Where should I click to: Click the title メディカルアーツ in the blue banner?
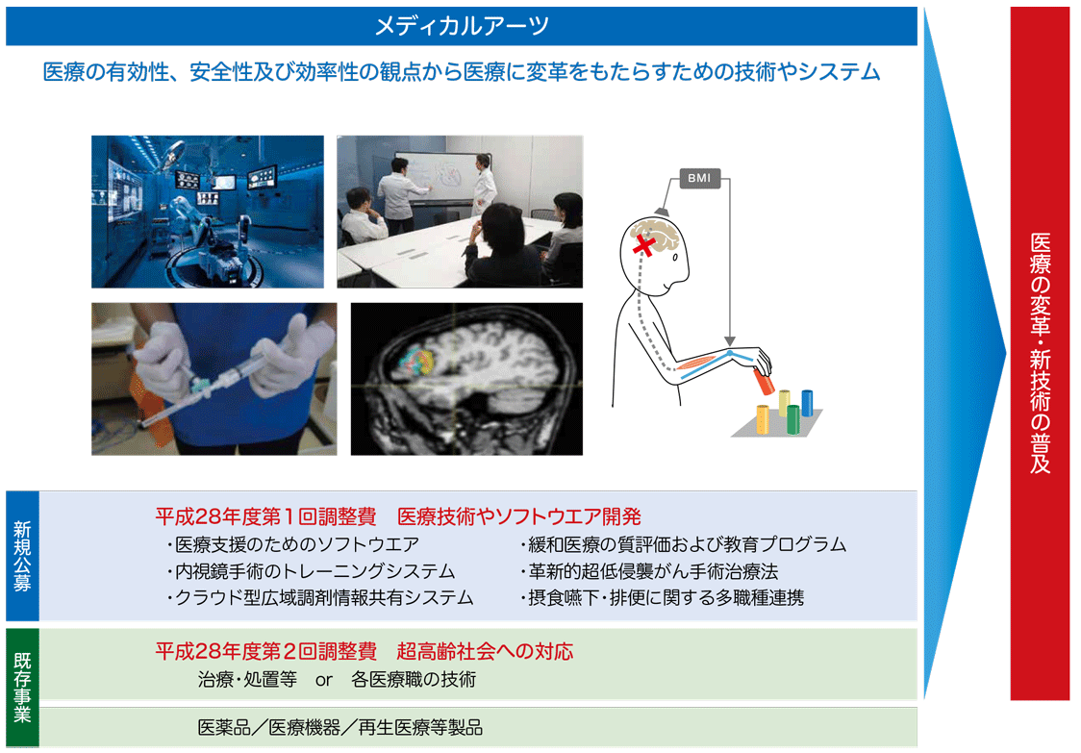click(462, 26)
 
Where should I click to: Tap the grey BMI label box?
click(699, 178)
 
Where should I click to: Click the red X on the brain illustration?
click(644, 245)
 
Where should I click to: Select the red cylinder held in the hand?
click(764, 382)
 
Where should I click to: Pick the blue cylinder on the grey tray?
click(807, 403)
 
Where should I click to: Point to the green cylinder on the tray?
click(792, 419)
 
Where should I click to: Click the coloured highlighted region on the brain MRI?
click(417, 363)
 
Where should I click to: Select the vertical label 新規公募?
click(22, 557)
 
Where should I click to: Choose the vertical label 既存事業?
click(22, 688)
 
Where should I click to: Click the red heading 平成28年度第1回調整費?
click(265, 516)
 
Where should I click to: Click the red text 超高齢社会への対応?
click(485, 651)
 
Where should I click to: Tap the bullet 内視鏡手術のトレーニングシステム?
click(311, 571)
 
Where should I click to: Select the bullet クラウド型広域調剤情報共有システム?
click(319, 597)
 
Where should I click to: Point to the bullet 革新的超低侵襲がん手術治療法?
click(649, 571)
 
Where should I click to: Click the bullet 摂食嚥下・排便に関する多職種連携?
click(661, 597)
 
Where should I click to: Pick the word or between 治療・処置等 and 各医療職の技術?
click(324, 681)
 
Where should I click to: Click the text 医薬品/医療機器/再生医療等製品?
click(339, 727)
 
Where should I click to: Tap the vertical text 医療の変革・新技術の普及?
click(1041, 353)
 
